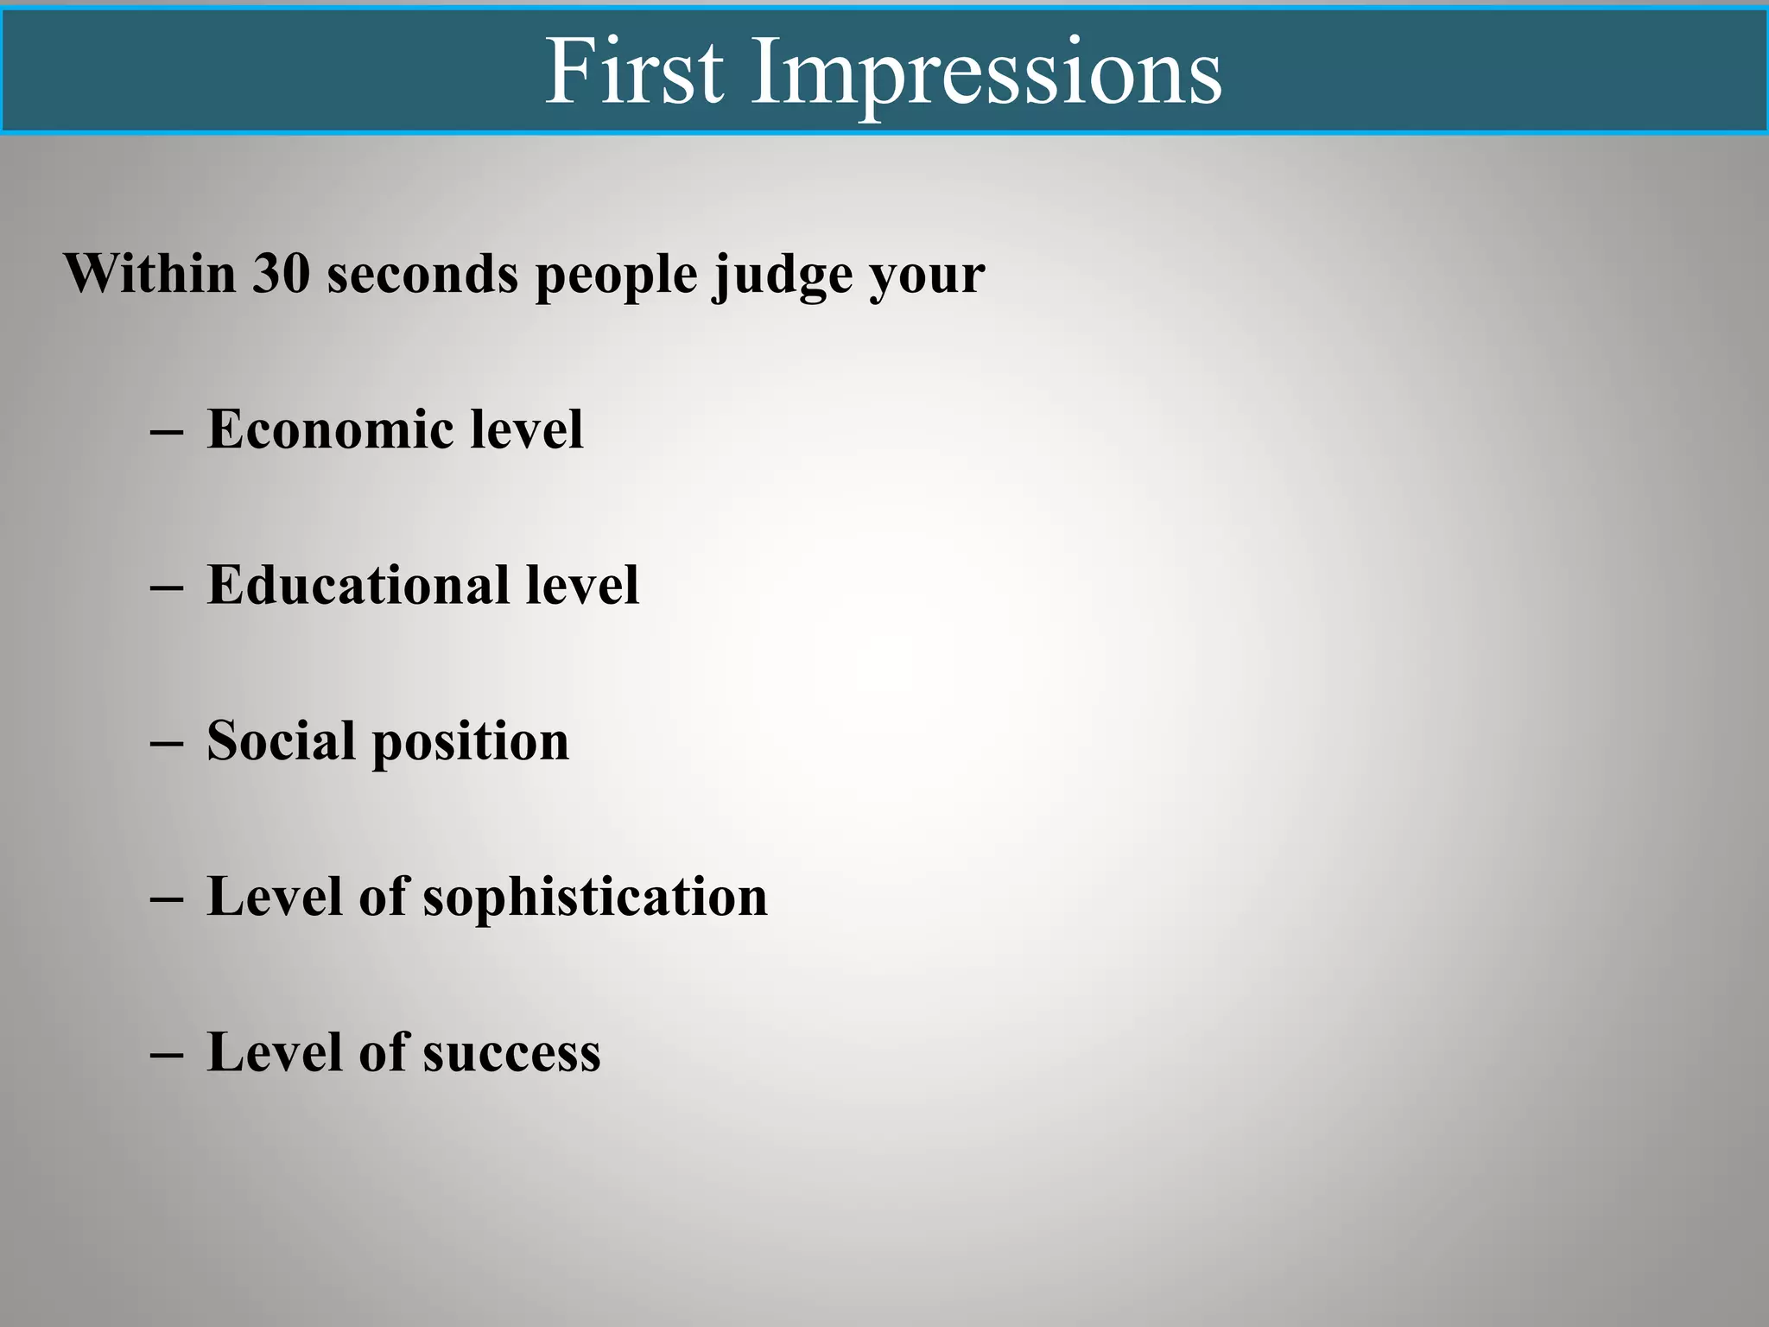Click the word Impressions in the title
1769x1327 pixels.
986,73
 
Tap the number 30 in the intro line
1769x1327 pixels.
281,274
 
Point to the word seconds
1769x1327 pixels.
422,274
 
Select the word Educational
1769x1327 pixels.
358,585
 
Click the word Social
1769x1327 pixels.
281,740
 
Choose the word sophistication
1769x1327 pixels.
595,898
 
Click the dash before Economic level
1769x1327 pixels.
166,431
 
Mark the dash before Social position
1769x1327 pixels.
166,742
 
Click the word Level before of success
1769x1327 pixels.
275,1051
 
